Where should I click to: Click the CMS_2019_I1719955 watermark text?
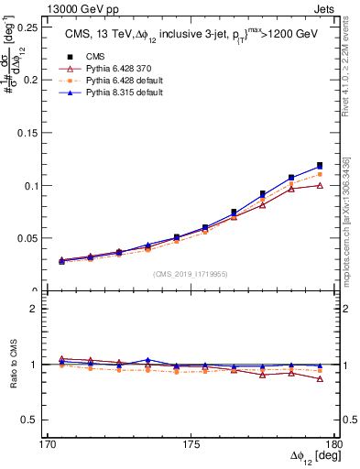click(191, 273)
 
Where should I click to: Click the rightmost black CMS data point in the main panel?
click(320, 166)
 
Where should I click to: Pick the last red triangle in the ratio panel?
click(320, 378)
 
